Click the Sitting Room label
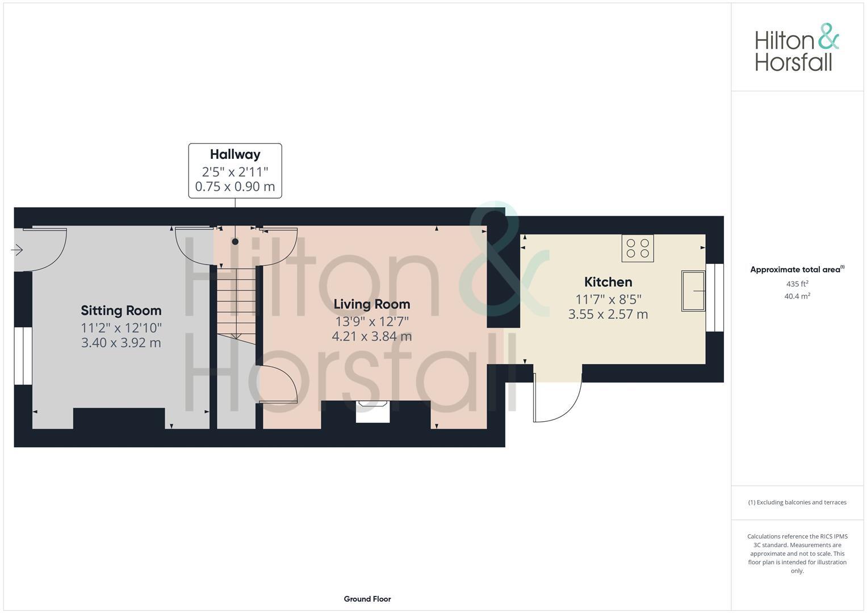click(x=121, y=310)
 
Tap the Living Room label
click(x=371, y=304)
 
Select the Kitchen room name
click(x=608, y=282)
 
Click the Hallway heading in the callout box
click(x=235, y=154)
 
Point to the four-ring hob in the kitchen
click(x=637, y=248)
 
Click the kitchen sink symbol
click(x=693, y=291)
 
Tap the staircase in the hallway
click(x=236, y=301)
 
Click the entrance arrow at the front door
click(x=16, y=250)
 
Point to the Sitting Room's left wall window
click(x=23, y=356)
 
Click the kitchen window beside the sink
click(x=714, y=297)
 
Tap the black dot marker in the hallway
click(x=235, y=242)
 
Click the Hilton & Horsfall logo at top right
click(x=797, y=48)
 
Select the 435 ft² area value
click(x=797, y=284)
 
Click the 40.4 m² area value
click(x=797, y=296)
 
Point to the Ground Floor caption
click(x=367, y=599)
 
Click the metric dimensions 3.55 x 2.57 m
click(x=608, y=314)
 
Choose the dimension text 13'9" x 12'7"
click(x=371, y=322)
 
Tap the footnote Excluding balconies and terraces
click(x=797, y=502)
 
